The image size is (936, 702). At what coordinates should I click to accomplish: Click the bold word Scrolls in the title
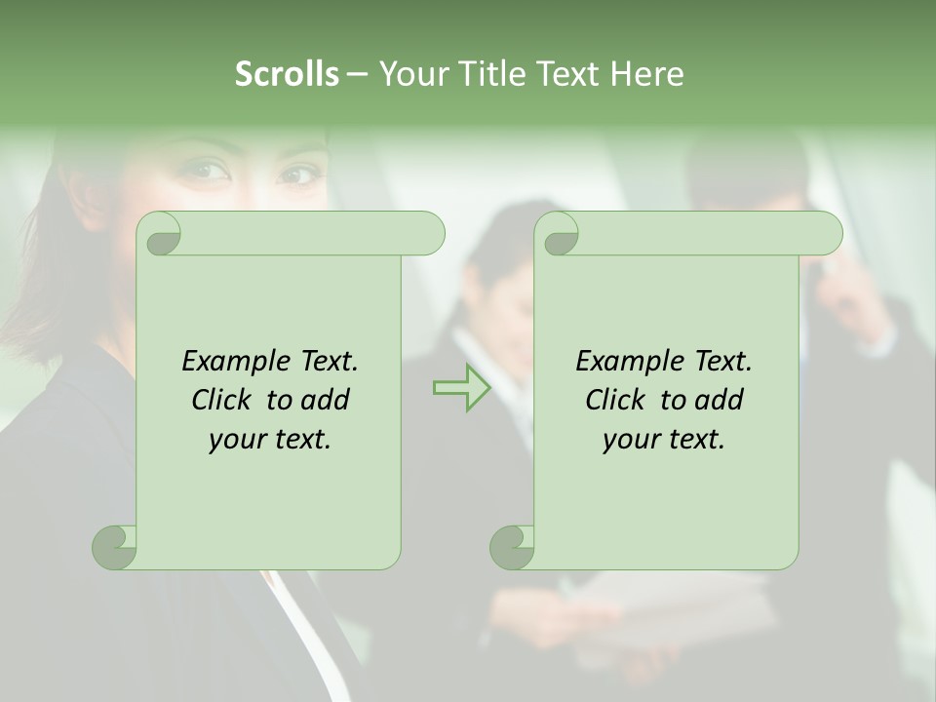tap(288, 74)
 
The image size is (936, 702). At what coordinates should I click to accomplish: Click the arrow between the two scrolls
tap(461, 388)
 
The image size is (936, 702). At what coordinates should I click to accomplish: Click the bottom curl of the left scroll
tap(115, 547)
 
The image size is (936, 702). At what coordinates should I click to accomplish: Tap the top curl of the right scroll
tap(558, 234)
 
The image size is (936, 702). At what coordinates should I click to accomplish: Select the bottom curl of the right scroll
tap(513, 547)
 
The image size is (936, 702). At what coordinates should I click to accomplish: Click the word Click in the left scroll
tap(223, 401)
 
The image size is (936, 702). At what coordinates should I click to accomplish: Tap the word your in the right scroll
tap(631, 440)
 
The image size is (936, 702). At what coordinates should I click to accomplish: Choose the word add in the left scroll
tap(326, 401)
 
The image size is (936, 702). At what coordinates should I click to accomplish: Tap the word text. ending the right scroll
tap(696, 440)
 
